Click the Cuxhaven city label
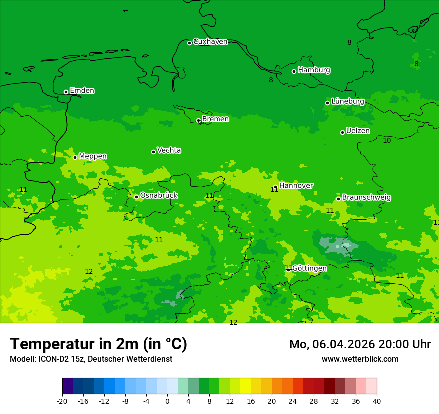[x=210, y=42]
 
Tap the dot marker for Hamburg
[x=294, y=71]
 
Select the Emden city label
[x=82, y=91]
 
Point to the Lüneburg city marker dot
[x=327, y=103]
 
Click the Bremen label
[x=215, y=119]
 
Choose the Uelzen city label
[x=358, y=131]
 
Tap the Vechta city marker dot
[x=153, y=152]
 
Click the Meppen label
[x=93, y=156]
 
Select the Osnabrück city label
[x=158, y=196]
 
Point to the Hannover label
[x=296, y=186]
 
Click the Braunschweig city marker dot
[x=338, y=199]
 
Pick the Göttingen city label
[x=309, y=268]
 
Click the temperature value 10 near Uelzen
[x=387, y=141]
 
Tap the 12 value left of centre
[x=89, y=272]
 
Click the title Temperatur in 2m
[x=98, y=344]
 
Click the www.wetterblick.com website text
[x=360, y=359]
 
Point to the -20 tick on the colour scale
[x=62, y=401]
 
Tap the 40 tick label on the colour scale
[x=377, y=401]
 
